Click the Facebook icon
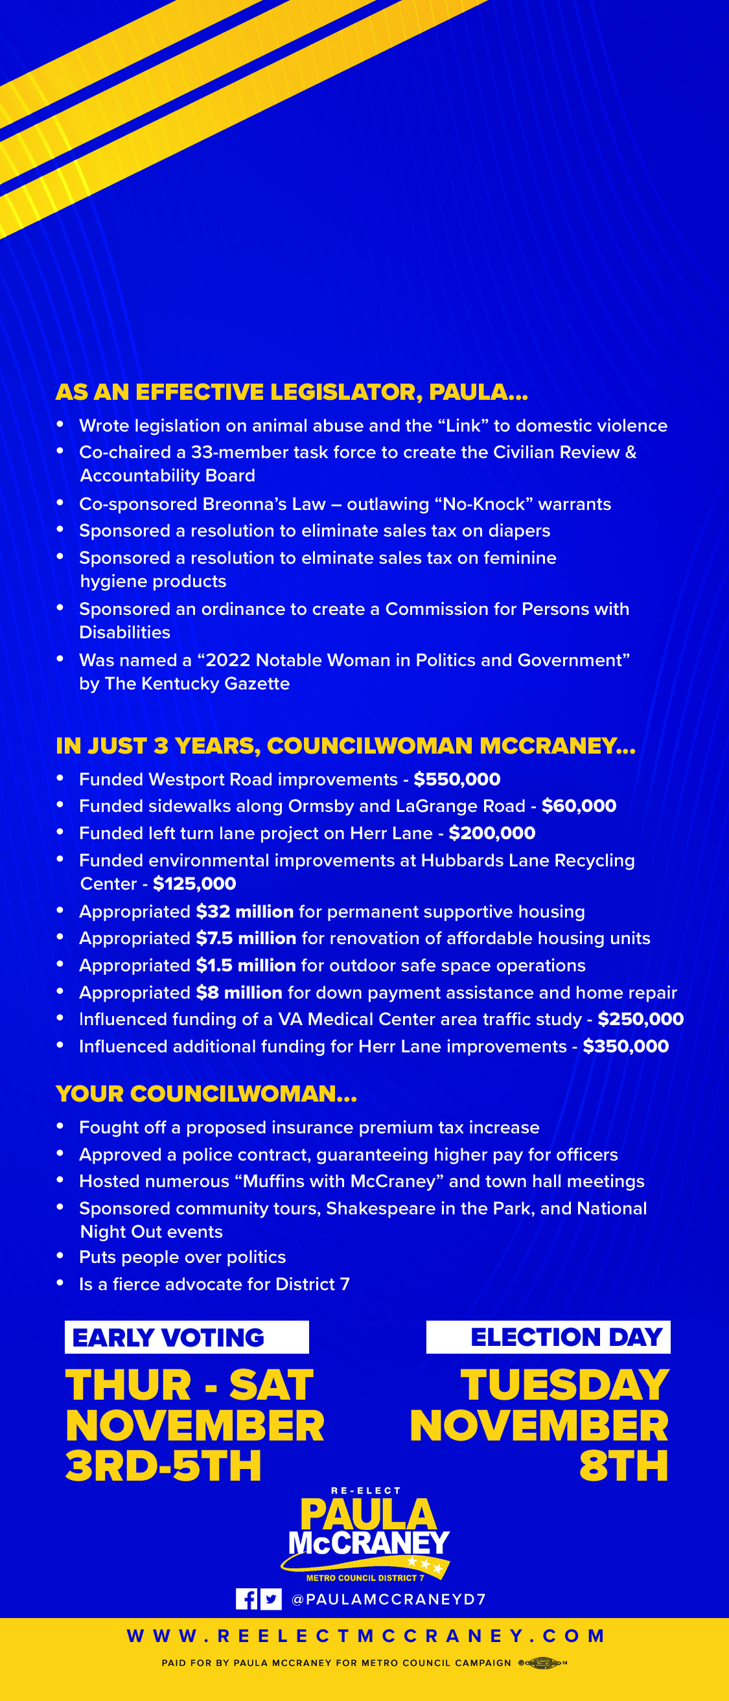247,1599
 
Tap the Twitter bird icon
271,1599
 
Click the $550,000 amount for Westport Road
457,779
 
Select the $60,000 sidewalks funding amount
579,805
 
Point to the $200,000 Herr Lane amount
492,833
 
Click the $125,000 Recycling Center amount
194,883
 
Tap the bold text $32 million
244,911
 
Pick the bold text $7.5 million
246,938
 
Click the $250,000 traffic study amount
640,1019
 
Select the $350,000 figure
625,1046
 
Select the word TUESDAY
564,1385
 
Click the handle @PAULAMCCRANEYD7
388,1599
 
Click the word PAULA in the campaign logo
368,1515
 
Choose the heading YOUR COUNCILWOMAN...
206,1094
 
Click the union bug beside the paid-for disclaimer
542,1663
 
